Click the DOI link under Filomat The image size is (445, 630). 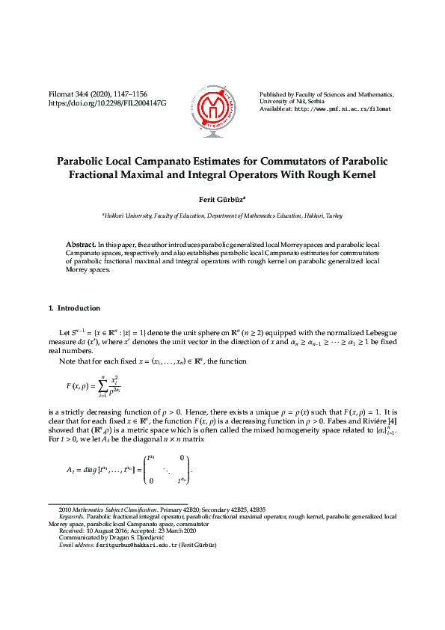pos(107,102)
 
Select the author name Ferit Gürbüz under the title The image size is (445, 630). pos(221,200)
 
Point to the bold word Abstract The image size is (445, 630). pos(81,245)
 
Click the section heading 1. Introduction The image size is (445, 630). pos(74,308)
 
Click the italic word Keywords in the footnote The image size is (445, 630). pos(71,516)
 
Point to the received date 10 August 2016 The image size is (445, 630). pos(102,530)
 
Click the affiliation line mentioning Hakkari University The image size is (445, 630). pos(222,215)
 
